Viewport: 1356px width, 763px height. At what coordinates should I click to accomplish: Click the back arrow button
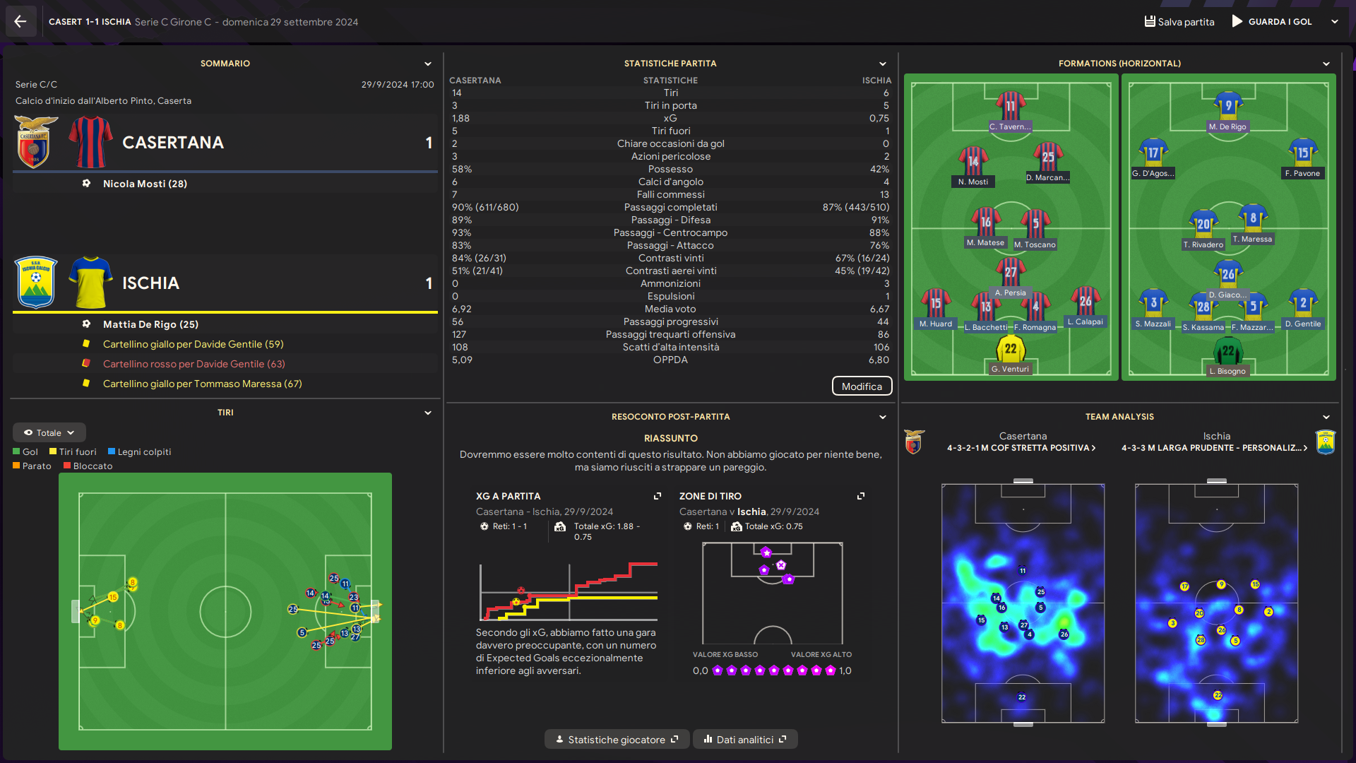pos(20,21)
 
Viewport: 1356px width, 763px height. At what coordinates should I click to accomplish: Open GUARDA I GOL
pos(1272,22)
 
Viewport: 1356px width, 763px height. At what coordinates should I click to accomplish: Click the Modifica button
pos(862,386)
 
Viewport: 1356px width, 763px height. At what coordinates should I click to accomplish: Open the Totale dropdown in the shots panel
pos(49,432)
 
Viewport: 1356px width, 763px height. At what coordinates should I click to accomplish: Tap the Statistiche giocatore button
pos(617,740)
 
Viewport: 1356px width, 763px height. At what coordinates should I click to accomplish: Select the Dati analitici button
pos(745,740)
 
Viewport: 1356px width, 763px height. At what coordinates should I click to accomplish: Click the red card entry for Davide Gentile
pos(194,364)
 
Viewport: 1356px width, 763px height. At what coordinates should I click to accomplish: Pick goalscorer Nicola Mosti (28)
pos(145,184)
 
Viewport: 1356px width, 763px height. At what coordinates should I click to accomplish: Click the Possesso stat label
pos(670,169)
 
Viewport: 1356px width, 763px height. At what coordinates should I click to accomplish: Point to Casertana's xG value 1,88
pos(460,118)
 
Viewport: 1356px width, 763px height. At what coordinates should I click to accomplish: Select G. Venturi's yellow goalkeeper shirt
pos(1011,349)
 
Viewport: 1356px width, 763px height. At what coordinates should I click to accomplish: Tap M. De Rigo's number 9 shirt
pos(1228,106)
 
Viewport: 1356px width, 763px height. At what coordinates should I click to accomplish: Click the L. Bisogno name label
pos(1227,371)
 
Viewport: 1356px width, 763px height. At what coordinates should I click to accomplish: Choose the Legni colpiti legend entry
pos(140,452)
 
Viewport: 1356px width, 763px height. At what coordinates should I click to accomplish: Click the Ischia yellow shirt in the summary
pos(91,283)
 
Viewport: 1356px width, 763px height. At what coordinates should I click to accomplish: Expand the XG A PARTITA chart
pos(658,496)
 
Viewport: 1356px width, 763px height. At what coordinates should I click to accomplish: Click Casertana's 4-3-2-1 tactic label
pos(1021,448)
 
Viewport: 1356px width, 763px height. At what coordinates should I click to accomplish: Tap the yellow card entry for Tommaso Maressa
pos(202,384)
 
